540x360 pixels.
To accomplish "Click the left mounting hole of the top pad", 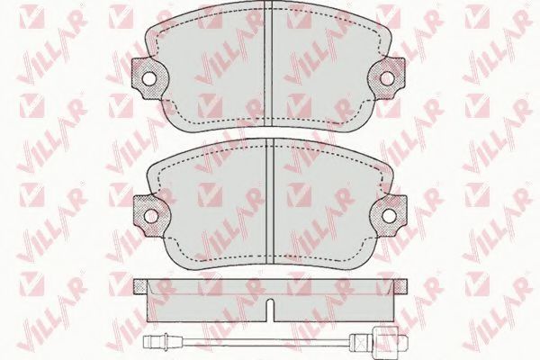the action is pyautogui.click(x=149, y=79).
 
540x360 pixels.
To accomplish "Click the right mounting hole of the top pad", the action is pyautogui.click(x=387, y=78).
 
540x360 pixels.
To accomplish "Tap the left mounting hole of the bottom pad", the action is pyautogui.click(x=150, y=216).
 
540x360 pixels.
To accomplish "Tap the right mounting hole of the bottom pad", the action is pyautogui.click(x=389, y=215).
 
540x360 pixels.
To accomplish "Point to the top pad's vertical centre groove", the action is pyautogui.click(x=268, y=63).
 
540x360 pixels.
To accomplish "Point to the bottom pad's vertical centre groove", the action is pyautogui.click(x=270, y=202).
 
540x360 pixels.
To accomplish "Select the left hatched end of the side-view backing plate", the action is pyautogui.click(x=139, y=286).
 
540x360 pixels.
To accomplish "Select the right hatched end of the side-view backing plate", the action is pyautogui.click(x=400, y=286).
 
